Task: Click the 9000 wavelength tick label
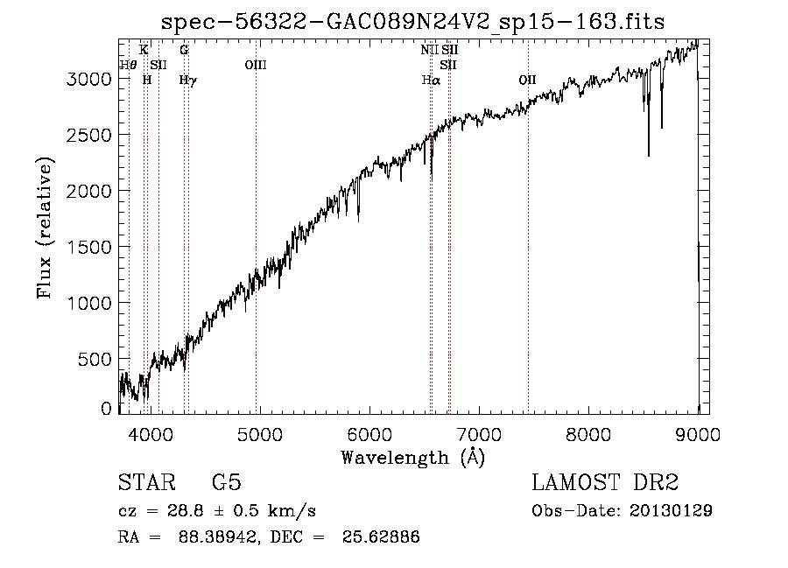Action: tap(698, 433)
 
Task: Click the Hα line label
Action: tap(430, 80)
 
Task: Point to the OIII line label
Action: tap(256, 65)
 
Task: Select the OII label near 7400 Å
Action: tap(527, 80)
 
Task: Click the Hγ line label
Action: tap(187, 80)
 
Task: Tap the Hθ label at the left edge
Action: tap(128, 65)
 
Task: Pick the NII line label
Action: tap(429, 50)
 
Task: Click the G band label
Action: tap(184, 50)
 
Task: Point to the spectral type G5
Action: tap(226, 483)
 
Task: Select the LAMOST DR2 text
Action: tap(605, 483)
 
